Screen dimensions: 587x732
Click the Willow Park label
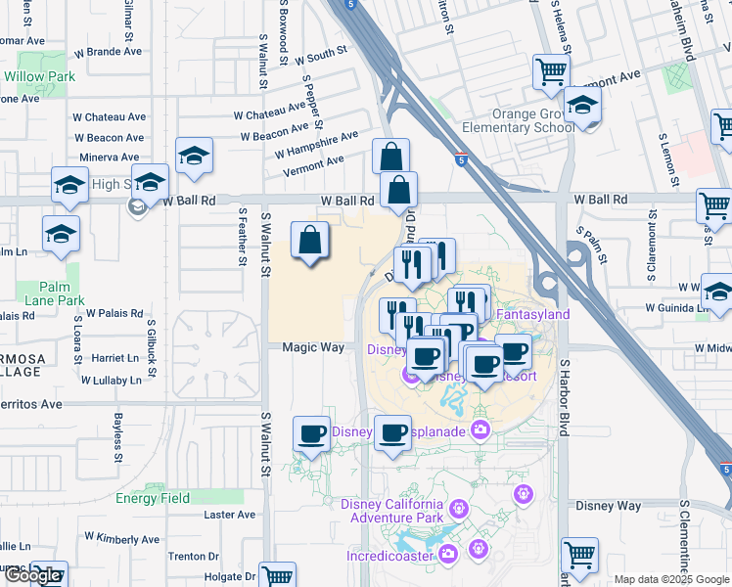pyautogui.click(x=39, y=75)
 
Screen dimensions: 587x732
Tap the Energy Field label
pyautogui.click(x=152, y=498)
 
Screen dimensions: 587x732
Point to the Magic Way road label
pyautogui.click(x=313, y=347)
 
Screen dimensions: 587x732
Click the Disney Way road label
pyautogui.click(x=608, y=506)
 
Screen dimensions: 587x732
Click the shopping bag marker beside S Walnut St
pyautogui.click(x=310, y=240)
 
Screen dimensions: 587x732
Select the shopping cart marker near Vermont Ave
pyautogui.click(x=552, y=71)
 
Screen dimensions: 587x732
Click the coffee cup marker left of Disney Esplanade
pyautogui.click(x=312, y=431)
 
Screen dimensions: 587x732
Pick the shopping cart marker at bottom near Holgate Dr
pyautogui.click(x=278, y=574)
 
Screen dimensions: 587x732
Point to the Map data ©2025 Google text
pyautogui.click(x=671, y=579)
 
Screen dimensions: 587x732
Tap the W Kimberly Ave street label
pyautogui.click(x=121, y=538)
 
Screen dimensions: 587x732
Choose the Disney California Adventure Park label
pyautogui.click(x=391, y=511)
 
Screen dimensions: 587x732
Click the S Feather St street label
pyautogui.click(x=242, y=236)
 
